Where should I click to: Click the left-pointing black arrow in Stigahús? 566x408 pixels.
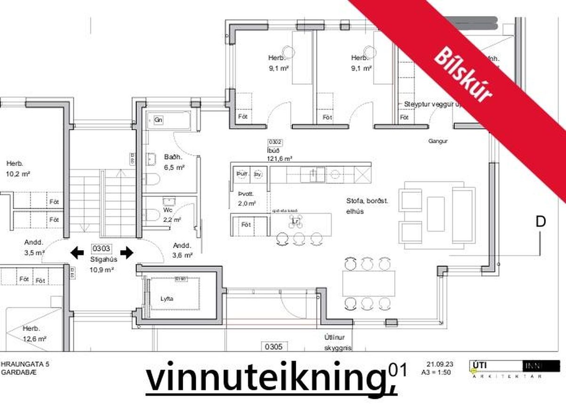point(77,253)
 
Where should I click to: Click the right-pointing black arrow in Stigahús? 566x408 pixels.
point(127,253)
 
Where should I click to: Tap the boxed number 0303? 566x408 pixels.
point(101,248)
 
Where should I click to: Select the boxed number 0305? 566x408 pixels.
point(273,347)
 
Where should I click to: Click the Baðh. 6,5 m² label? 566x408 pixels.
point(174,162)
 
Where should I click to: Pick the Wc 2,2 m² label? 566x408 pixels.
point(171,215)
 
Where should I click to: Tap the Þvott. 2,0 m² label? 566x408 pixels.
point(247,199)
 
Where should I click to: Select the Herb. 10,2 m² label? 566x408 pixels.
point(18,168)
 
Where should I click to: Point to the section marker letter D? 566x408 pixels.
point(541,222)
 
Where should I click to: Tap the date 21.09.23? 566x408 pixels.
point(440,364)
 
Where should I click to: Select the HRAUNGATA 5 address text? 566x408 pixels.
point(25,364)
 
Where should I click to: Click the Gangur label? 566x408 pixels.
point(437,141)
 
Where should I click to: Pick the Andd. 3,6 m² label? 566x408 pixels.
point(183,250)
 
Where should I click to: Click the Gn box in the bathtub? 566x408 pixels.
point(159,120)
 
